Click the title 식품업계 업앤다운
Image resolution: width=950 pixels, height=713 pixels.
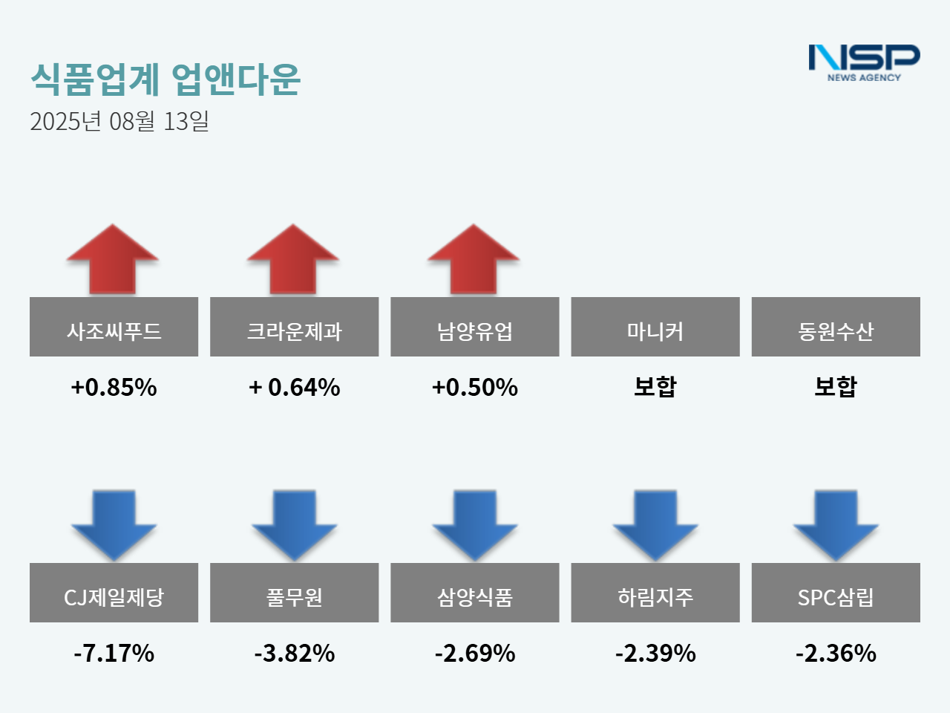(166, 79)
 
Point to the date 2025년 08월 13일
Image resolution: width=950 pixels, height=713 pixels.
(119, 121)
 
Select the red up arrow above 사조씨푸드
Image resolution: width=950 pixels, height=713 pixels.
(113, 260)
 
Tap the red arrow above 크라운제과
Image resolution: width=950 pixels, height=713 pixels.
(293, 260)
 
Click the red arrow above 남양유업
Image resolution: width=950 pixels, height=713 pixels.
(474, 260)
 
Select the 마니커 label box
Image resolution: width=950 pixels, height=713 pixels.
(655, 327)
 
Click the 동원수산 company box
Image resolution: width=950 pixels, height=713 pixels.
(836, 327)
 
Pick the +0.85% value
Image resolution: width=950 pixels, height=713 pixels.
(114, 387)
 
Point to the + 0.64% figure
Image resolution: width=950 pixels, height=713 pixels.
(295, 387)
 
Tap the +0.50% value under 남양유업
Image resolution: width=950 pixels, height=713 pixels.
(475, 387)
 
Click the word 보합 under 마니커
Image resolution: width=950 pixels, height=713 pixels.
(655, 386)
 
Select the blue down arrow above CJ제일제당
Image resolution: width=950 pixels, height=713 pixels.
(114, 524)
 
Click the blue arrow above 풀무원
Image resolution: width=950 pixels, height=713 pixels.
(295, 524)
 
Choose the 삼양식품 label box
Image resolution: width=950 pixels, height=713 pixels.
(475, 593)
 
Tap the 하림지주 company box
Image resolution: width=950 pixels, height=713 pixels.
(655, 593)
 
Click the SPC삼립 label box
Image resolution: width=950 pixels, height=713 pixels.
(836, 593)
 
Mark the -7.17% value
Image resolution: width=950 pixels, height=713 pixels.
(114, 653)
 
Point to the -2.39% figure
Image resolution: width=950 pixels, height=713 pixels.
(655, 653)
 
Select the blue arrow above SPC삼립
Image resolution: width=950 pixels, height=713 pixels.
(836, 524)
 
